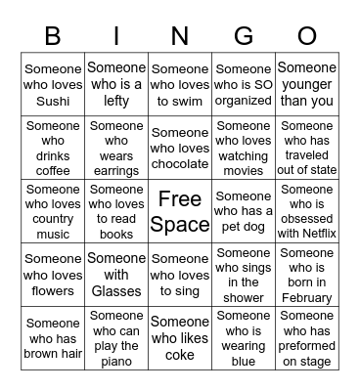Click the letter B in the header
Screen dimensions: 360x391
[54, 37]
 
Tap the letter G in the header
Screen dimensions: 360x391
[180, 37]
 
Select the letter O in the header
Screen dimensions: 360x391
[306, 37]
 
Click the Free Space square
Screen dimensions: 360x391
[180, 211]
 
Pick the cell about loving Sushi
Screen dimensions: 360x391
[54, 85]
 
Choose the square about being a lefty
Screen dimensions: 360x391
[116, 85]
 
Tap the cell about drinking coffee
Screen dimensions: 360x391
[54, 148]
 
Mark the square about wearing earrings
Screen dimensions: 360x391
[116, 148]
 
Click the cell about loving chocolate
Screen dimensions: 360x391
[180, 148]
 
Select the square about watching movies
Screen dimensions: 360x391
[243, 148]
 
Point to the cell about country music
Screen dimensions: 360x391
[54, 211]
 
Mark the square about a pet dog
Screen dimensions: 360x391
[243, 211]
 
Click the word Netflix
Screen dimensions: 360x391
[306, 235]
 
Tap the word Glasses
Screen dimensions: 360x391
[116, 290]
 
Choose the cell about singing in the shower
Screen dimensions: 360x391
[243, 275]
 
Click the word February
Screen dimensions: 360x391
[306, 298]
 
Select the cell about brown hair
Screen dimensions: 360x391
[54, 338]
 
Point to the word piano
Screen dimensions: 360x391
[116, 361]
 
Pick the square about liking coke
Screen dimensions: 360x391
[180, 338]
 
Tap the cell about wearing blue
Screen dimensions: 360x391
[243, 338]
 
